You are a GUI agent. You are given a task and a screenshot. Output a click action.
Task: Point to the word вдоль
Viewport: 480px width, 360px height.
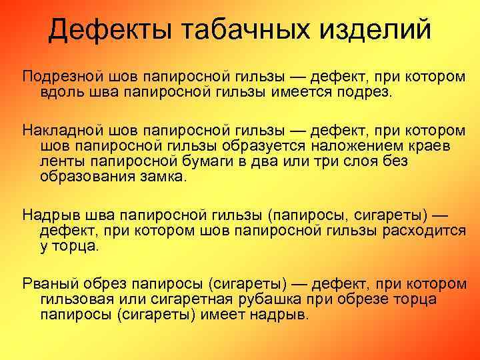coord(59,91)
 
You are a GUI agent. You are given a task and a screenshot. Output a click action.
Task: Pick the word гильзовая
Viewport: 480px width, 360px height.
coord(74,299)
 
